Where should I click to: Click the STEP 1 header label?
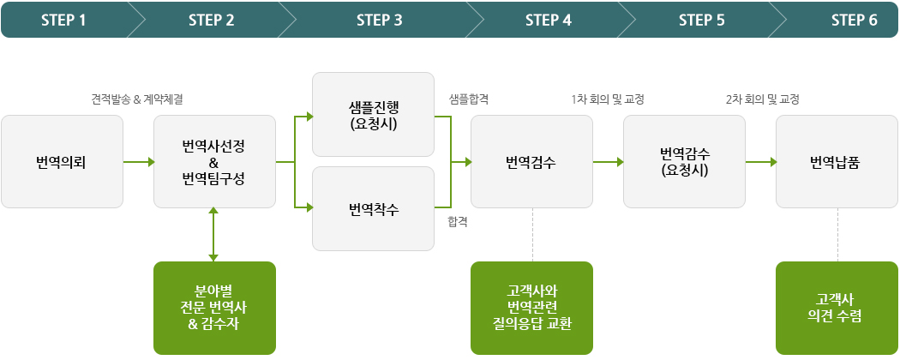click(x=63, y=21)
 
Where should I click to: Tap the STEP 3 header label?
click(x=380, y=21)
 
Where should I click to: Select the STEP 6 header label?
click(x=855, y=21)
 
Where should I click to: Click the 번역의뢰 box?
click(x=62, y=161)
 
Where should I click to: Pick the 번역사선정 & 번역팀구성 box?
click(x=214, y=161)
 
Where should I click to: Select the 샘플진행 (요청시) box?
click(x=373, y=114)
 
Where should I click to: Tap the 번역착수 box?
click(x=373, y=208)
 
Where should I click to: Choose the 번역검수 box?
click(x=531, y=161)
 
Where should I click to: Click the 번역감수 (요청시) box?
click(x=684, y=161)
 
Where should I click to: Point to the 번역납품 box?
click(x=837, y=161)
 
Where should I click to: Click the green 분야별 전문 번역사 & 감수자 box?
click(x=214, y=308)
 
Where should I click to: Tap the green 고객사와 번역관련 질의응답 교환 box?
click(x=531, y=308)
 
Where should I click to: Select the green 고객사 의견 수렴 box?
click(x=837, y=308)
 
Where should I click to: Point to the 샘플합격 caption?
click(x=469, y=99)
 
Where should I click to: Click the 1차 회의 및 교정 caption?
click(x=607, y=99)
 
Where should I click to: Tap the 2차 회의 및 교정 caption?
click(x=762, y=99)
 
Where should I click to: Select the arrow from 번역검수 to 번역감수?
click(x=609, y=162)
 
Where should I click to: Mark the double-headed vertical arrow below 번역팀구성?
click(x=213, y=234)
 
